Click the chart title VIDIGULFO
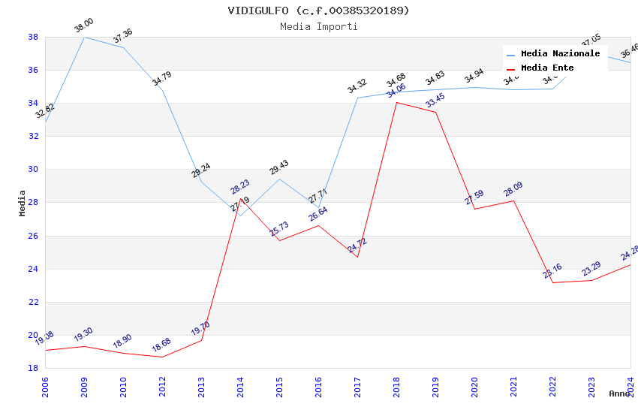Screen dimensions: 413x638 coord(319,11)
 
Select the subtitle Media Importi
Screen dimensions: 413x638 coord(319,26)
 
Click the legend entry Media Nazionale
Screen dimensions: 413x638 coord(560,53)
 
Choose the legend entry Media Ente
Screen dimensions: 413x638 coord(547,68)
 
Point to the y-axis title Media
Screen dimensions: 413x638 coord(23,203)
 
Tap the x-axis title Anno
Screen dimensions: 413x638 coord(619,393)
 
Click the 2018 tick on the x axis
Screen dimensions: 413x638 coord(396,385)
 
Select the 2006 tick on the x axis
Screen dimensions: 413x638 coord(45,385)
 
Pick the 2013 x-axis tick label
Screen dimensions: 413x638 coord(201,385)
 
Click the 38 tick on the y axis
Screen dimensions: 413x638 coord(33,37)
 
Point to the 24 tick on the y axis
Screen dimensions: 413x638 coord(33,269)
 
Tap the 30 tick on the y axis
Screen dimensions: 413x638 coord(33,170)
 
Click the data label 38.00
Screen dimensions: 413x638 coord(84,28)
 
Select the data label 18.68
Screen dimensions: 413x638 coord(161,345)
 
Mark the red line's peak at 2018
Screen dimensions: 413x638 coord(396,102)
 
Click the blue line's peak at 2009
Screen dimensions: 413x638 coord(84,37)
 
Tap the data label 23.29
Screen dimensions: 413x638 coord(591,269)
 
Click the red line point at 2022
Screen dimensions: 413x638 coord(552,282)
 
